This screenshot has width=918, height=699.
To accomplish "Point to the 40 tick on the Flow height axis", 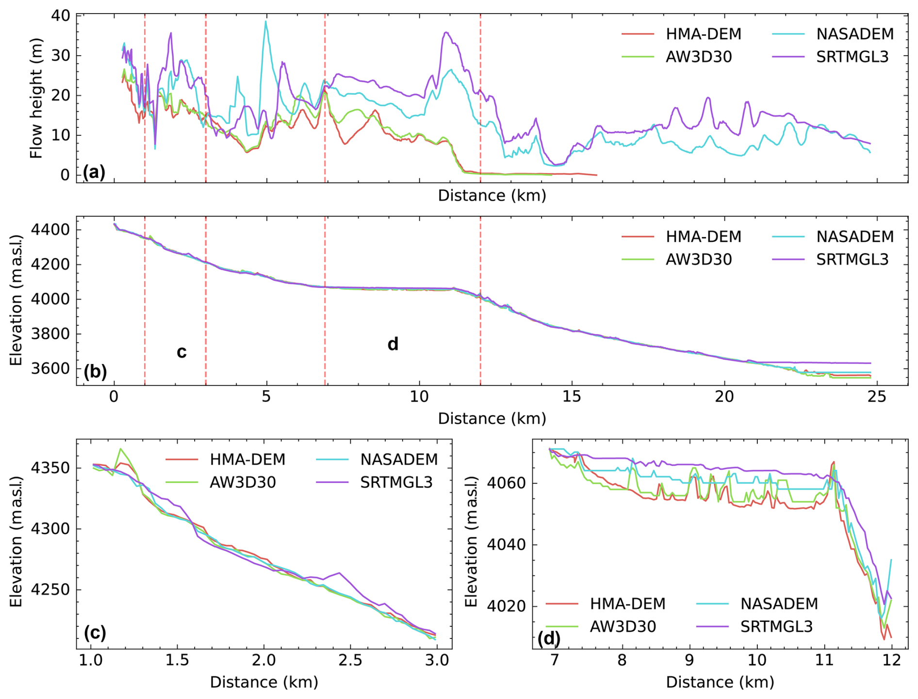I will coord(61,16).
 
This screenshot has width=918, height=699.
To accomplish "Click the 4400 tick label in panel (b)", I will coord(49,230).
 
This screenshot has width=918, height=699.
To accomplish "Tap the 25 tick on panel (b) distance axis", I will coord(877,397).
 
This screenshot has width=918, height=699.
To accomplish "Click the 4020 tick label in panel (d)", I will coord(505,606).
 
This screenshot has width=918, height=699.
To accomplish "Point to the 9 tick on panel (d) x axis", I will coord(689,661).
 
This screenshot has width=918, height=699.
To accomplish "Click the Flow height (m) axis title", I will coord(36,98).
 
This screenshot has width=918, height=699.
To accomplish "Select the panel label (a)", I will coord(94,172).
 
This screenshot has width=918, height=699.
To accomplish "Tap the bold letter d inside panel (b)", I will coord(393,344).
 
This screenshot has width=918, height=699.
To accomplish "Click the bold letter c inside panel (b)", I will coord(181,352).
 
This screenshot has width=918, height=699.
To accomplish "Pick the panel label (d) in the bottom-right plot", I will coord(549,638).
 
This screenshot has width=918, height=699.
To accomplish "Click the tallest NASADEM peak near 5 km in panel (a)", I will coord(265,21).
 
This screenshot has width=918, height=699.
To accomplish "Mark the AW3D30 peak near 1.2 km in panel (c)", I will coord(120,449).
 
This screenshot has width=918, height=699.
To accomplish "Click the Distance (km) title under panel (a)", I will coord(492,196).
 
